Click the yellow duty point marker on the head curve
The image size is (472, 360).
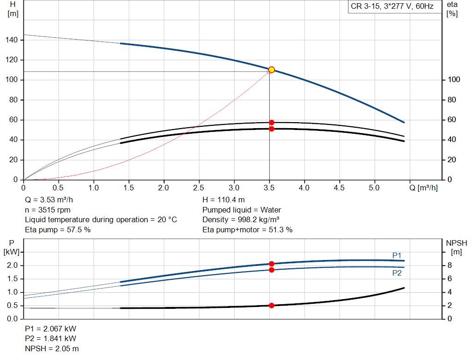(x=271, y=70)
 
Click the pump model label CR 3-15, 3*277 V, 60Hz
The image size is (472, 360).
(x=392, y=6)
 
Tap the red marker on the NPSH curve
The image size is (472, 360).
(x=271, y=305)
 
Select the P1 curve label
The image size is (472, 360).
(x=397, y=255)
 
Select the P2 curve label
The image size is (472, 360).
(x=397, y=273)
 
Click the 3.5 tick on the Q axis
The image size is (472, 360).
(x=269, y=188)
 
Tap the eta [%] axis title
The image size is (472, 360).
(x=452, y=9)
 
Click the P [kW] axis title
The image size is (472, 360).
(x=11, y=247)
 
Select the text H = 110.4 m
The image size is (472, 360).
(x=224, y=200)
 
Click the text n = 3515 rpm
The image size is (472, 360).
(x=47, y=210)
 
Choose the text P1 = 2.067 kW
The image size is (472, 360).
(x=51, y=329)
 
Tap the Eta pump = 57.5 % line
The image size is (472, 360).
(x=58, y=229)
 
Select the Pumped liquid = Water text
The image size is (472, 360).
(x=242, y=210)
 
